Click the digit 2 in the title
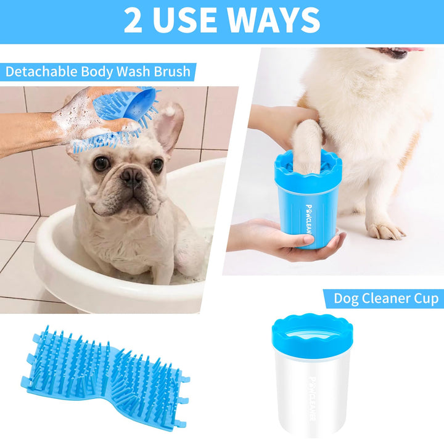(x=133, y=20)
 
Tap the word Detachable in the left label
(x=41, y=72)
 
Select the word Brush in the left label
(x=172, y=72)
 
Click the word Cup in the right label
(x=426, y=298)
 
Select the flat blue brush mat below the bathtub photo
(x=105, y=378)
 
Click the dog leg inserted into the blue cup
(x=308, y=144)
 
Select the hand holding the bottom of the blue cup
(x=286, y=240)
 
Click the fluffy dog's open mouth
(x=395, y=52)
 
